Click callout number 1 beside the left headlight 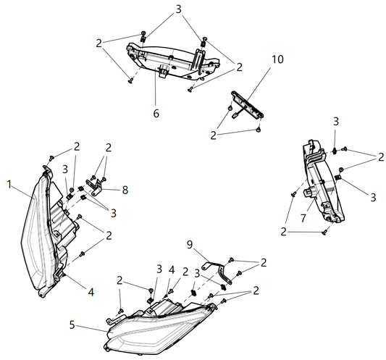click(x=9, y=184)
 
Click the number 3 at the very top click(x=177, y=11)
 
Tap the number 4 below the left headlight click(x=91, y=292)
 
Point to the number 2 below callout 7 click(x=285, y=232)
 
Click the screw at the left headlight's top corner click(x=52, y=158)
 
